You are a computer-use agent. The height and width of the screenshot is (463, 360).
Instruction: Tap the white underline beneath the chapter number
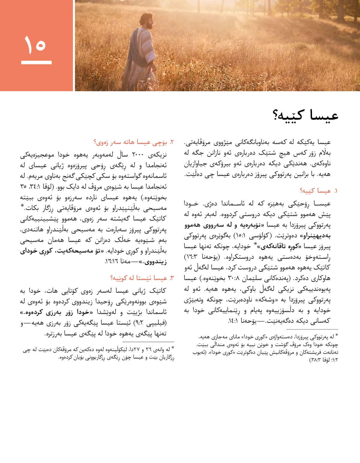[36, 62]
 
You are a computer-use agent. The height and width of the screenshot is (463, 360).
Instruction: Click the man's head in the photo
[147, 20]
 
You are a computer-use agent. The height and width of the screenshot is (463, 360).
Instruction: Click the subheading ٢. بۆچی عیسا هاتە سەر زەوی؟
[134, 142]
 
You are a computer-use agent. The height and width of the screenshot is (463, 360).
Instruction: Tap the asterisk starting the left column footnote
[172, 349]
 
